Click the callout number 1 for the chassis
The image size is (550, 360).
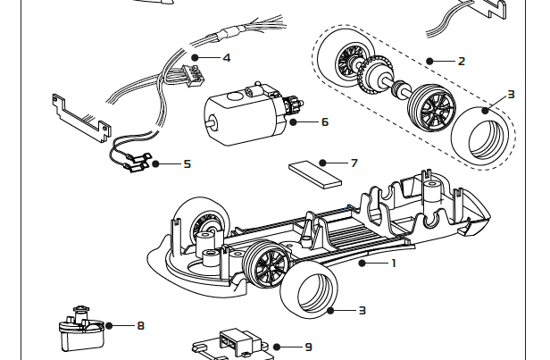click(x=393, y=263)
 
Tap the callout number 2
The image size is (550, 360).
click(x=461, y=62)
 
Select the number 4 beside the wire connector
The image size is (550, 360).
click(x=227, y=58)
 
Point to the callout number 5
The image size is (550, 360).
click(x=187, y=163)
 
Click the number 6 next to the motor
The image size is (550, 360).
click(x=324, y=121)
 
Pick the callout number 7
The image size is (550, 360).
click(x=354, y=163)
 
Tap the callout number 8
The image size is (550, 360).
click(x=140, y=326)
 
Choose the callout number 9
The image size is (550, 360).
click(x=308, y=347)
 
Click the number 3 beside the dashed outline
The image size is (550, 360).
click(x=511, y=93)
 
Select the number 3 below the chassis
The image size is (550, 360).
click(x=362, y=310)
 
